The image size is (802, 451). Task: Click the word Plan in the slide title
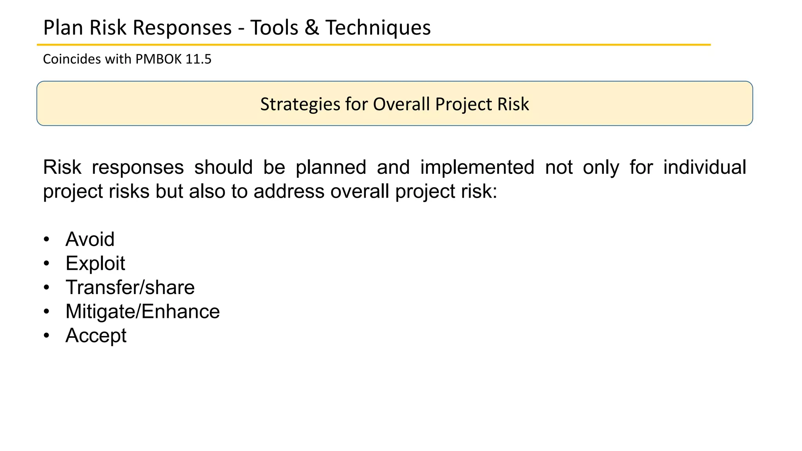(63, 28)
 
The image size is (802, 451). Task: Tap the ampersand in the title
(311, 28)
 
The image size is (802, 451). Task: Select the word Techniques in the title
(378, 28)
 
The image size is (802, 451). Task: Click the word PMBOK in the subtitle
(159, 59)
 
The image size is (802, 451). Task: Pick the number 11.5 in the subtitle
(199, 59)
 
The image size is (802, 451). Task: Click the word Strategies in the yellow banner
(300, 105)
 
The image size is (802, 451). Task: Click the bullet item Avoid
(90, 239)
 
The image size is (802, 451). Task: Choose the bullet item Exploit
(95, 263)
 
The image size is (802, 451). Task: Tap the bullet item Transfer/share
(130, 287)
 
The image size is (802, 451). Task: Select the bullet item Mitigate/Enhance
(143, 312)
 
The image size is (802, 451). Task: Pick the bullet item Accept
(96, 336)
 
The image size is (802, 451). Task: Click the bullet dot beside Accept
(47, 336)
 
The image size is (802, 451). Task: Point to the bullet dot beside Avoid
(47, 239)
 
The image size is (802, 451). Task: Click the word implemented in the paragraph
(477, 168)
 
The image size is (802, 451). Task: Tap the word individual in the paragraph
(704, 168)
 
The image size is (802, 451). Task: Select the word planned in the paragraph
(331, 168)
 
